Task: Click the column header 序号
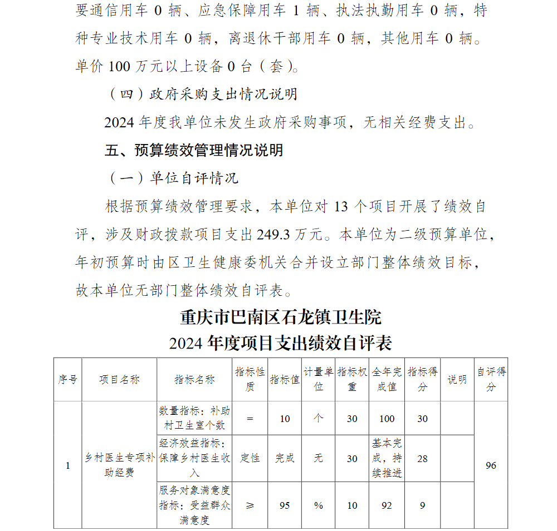pyautogui.click(x=68, y=379)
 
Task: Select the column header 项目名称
pyautogui.click(x=119, y=379)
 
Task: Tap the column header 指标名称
pyautogui.click(x=194, y=379)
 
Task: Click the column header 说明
pyautogui.click(x=457, y=379)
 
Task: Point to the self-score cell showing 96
pyautogui.click(x=491, y=465)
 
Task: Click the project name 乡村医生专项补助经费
pyautogui.click(x=119, y=465)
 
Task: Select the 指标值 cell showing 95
pyautogui.click(x=285, y=505)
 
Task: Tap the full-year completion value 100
pyautogui.click(x=387, y=419)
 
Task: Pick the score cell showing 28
pyautogui.click(x=423, y=458)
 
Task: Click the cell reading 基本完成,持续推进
pyautogui.click(x=387, y=458)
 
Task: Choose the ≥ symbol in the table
pyautogui.click(x=250, y=505)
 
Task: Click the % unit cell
pyautogui.click(x=319, y=505)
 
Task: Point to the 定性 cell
pyautogui.click(x=250, y=458)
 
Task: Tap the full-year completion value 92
pyautogui.click(x=387, y=505)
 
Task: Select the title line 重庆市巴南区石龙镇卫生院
pyautogui.click(x=281, y=317)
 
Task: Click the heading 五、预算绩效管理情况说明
pyautogui.click(x=194, y=150)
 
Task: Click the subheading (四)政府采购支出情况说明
pyautogui.click(x=201, y=94)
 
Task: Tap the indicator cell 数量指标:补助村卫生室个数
pyautogui.click(x=194, y=419)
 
